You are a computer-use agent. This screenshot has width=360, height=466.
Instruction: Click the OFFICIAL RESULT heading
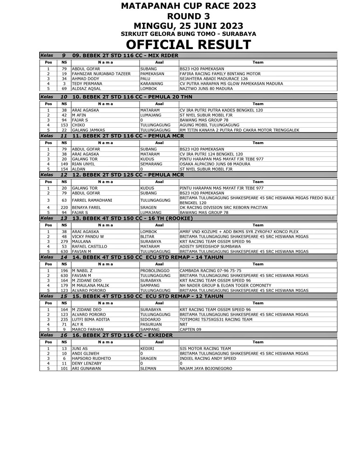[188, 45]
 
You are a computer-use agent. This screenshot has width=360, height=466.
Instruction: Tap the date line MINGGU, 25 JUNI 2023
[188, 26]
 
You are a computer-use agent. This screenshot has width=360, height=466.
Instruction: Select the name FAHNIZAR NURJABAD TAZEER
[101, 74]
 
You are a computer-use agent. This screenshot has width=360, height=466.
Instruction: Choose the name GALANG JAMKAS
[88, 130]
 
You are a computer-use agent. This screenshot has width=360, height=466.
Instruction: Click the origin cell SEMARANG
[151, 164]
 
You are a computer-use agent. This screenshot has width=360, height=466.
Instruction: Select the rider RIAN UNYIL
[84, 164]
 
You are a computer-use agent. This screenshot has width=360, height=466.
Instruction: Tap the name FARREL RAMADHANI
[93, 200]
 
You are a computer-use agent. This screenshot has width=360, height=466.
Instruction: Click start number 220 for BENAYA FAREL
[64, 208]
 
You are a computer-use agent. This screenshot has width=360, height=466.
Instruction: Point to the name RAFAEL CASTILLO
[90, 247]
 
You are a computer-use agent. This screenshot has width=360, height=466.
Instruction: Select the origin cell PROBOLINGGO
[155, 271]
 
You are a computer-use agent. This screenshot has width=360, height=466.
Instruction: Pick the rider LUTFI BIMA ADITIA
[91, 320]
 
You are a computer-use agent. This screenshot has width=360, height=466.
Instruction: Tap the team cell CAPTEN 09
[190, 329]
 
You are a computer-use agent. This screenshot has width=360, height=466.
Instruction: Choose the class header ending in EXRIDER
[122, 335]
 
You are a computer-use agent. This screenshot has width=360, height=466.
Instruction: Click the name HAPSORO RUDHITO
[91, 358]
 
